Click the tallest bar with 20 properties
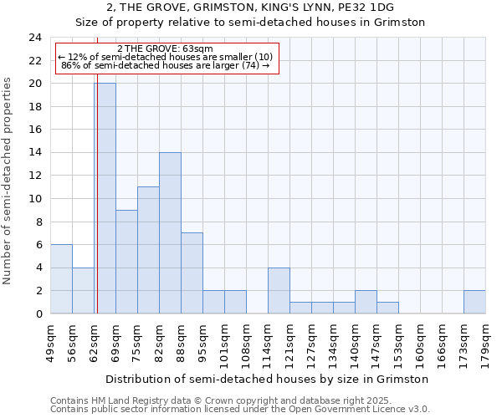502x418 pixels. [x=105, y=198]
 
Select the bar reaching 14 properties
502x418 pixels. [x=170, y=232]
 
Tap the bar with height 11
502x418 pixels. [x=148, y=250]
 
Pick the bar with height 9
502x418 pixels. [x=126, y=262]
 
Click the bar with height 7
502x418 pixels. [x=192, y=273]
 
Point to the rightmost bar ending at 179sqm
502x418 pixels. [x=474, y=302]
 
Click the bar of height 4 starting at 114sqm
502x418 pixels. [x=279, y=290]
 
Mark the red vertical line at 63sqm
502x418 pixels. [x=98, y=209]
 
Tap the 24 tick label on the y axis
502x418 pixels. [x=35, y=38]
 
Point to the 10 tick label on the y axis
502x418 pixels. [x=35, y=199]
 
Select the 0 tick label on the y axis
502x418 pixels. [x=38, y=313]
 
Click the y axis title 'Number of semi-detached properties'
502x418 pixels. [x=8, y=180]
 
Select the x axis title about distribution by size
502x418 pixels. [x=268, y=379]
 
